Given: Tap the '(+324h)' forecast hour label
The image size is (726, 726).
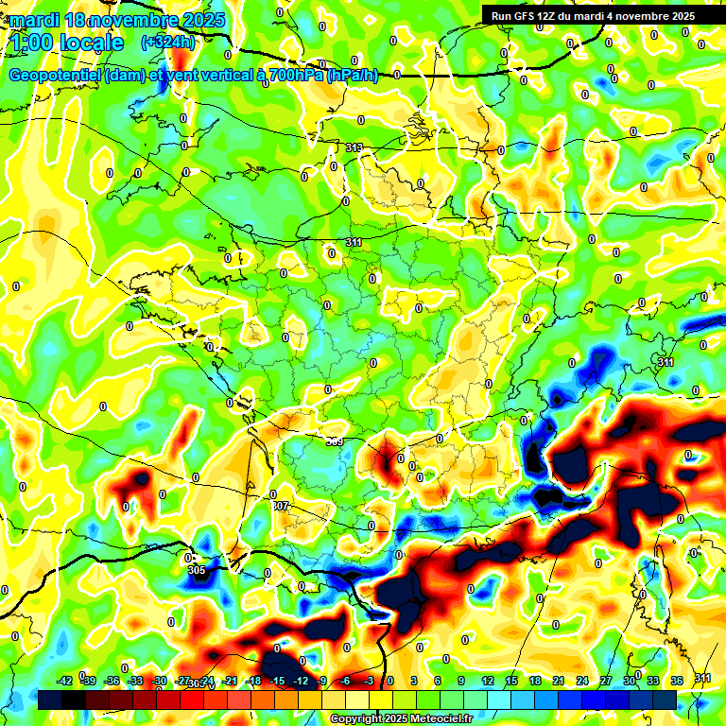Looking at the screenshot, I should click(x=168, y=42).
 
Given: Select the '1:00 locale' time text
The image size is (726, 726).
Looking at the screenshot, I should click(x=66, y=42).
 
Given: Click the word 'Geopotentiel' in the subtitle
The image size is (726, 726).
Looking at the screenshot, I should click(x=56, y=76).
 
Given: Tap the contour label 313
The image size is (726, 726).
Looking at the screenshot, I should click(x=354, y=147).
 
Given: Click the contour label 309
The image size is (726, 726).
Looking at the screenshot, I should click(x=334, y=441).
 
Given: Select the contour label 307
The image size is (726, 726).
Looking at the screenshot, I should click(x=280, y=506).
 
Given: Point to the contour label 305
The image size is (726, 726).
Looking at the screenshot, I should click(x=196, y=570).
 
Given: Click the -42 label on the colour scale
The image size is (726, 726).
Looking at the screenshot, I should click(x=64, y=681).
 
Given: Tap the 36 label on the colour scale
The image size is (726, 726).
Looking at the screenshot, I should click(x=677, y=681).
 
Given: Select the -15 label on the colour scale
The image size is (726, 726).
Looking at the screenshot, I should click(x=278, y=681).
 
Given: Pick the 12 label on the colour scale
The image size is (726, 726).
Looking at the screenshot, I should click(x=488, y=681).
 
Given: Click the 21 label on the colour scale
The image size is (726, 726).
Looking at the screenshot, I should click(x=559, y=681).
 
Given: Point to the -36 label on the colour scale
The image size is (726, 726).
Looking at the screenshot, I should click(x=112, y=681).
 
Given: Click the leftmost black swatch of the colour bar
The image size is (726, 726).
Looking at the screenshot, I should click(x=50, y=700).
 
